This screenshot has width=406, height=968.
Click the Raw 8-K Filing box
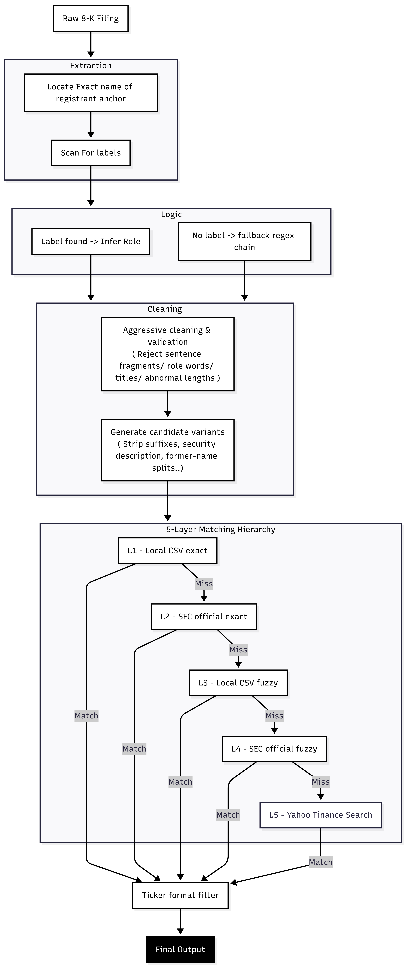[91, 18]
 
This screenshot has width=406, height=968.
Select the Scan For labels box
[91, 153]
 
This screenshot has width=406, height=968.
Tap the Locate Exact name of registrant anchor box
[91, 93]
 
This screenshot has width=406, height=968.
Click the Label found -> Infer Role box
[91, 242]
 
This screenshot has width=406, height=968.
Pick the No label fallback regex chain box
[244, 242]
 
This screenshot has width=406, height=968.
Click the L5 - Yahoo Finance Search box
[321, 815]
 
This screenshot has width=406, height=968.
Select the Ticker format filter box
[180, 895]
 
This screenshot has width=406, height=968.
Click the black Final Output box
[180, 950]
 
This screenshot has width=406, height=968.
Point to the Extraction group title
[91, 66]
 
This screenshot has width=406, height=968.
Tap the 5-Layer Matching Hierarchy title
[221, 529]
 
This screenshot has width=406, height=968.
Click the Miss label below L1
[204, 584]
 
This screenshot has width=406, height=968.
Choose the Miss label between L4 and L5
[321, 782]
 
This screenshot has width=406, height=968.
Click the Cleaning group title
[165, 309]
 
